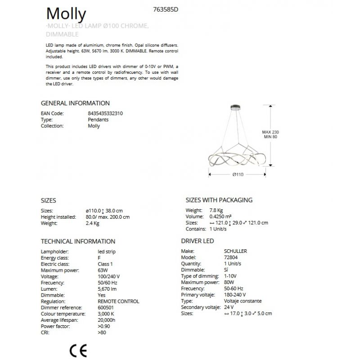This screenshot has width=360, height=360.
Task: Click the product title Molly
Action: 66,14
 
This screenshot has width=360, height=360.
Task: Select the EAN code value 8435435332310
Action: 105,114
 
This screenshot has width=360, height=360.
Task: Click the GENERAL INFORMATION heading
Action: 75,103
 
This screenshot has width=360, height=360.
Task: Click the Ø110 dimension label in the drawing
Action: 238,175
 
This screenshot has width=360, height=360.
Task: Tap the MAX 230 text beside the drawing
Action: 271,132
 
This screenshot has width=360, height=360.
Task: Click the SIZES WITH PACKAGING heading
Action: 219,200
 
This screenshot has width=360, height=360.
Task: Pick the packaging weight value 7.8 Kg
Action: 216,210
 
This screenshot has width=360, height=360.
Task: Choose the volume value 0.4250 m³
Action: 223,216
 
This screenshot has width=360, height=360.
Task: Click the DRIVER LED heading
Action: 197,241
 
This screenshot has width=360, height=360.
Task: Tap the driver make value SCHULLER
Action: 235,251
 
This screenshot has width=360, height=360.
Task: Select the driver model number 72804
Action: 230,257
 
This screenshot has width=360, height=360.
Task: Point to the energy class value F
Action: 99,257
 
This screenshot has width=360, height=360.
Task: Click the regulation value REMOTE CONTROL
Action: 118,301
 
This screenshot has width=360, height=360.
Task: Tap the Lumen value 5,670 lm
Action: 107,289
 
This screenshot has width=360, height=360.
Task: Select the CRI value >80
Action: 102,333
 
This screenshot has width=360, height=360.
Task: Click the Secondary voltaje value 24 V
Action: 229,307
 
